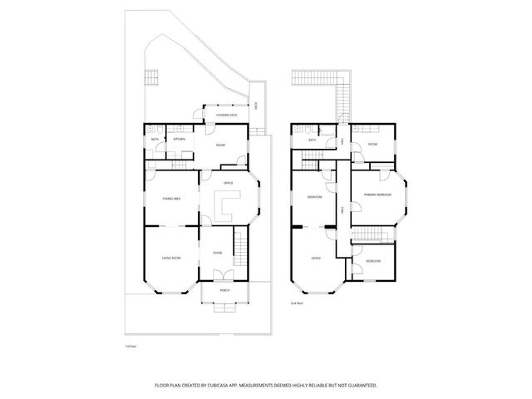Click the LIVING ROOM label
coord(170,259)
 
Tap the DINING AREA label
coord(171,199)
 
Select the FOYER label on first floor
coord(216,253)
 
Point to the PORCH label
coord(224,290)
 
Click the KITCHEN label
coord(179,139)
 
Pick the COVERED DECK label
coord(226,115)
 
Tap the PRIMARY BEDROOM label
coord(377,195)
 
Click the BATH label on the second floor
coord(313,140)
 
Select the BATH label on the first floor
coord(155,139)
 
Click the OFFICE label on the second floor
coord(316,259)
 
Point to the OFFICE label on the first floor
coord(228,182)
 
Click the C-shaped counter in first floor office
coord(225,204)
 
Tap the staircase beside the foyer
coord(242,246)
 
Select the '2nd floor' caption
coord(295,304)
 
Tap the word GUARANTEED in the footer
coord(361,385)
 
